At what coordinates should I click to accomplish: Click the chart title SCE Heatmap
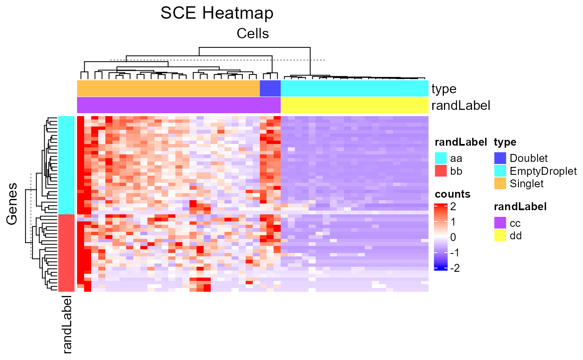217,13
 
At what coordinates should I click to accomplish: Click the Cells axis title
253,33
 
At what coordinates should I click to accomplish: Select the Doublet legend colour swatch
500,158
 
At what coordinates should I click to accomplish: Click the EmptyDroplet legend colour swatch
500,171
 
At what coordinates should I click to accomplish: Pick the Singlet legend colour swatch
500,183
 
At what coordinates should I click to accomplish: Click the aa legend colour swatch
441,158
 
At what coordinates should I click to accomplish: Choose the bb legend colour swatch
441,171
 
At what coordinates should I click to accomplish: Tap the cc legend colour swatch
500,223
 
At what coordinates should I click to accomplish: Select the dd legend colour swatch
500,236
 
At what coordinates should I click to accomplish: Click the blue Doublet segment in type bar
270,89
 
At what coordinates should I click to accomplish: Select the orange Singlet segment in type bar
168,89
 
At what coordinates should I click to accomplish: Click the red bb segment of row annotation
66,253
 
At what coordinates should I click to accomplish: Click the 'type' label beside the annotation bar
444,89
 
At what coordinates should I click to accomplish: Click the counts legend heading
453,194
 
